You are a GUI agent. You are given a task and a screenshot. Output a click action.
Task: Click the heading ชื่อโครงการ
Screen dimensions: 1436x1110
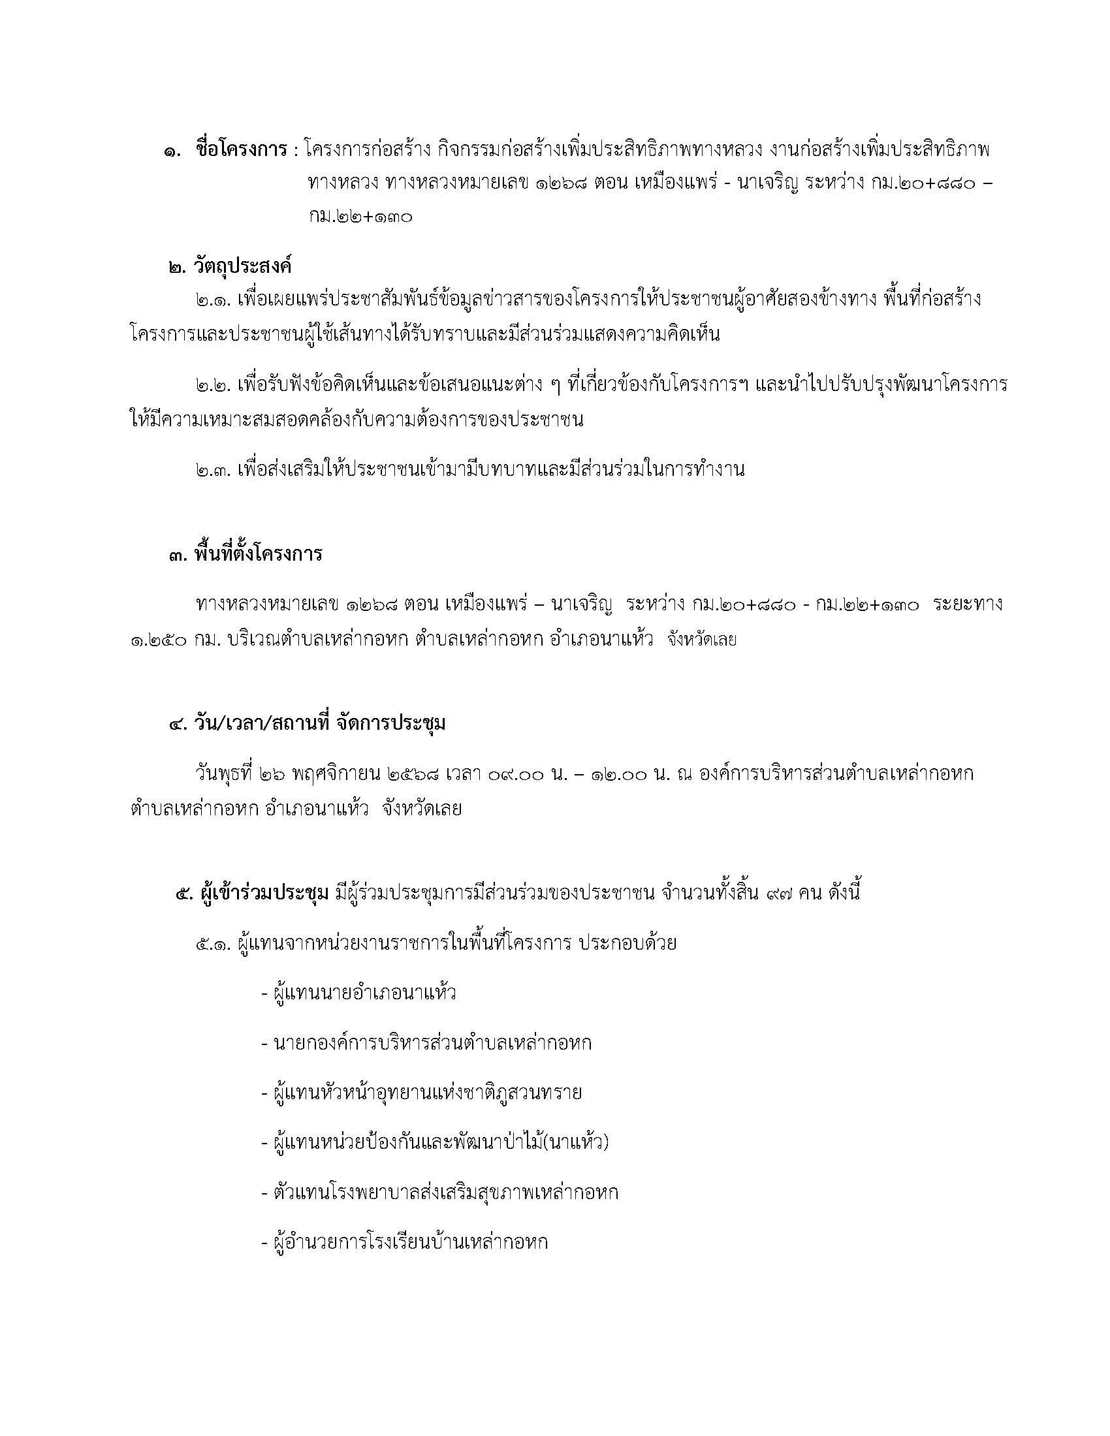pos(241,150)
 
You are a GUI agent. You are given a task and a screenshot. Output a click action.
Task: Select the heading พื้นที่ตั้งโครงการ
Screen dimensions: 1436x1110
pos(258,554)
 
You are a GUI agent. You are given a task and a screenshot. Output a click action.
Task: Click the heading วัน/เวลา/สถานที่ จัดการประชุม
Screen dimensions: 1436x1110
pos(319,723)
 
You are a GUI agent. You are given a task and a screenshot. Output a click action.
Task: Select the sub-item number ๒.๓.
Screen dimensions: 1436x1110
pos(212,469)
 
